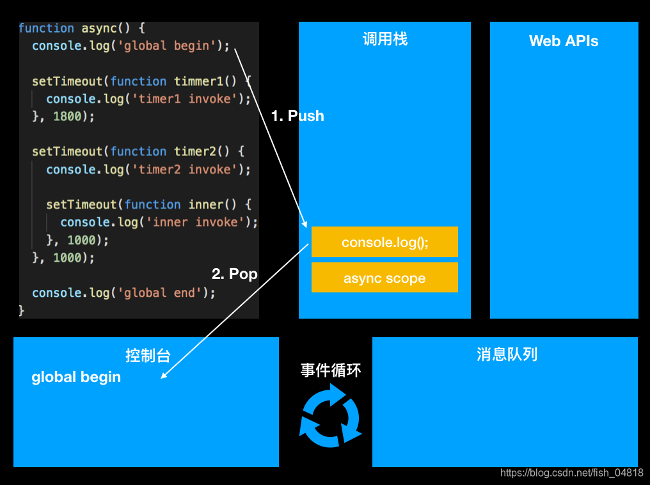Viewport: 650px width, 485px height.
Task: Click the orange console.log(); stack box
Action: point(384,242)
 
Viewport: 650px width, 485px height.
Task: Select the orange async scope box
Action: point(384,278)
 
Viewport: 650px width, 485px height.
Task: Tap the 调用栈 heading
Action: point(384,40)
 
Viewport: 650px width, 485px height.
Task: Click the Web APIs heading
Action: point(564,41)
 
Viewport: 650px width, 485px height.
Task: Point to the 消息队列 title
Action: point(507,354)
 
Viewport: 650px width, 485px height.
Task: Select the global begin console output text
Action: point(76,378)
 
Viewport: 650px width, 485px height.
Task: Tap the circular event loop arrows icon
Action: point(330,416)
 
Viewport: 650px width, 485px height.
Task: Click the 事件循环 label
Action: point(331,370)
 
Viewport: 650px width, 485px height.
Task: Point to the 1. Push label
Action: point(297,116)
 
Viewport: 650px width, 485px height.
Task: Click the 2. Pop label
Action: point(234,274)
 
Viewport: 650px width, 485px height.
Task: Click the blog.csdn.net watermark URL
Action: point(572,473)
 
